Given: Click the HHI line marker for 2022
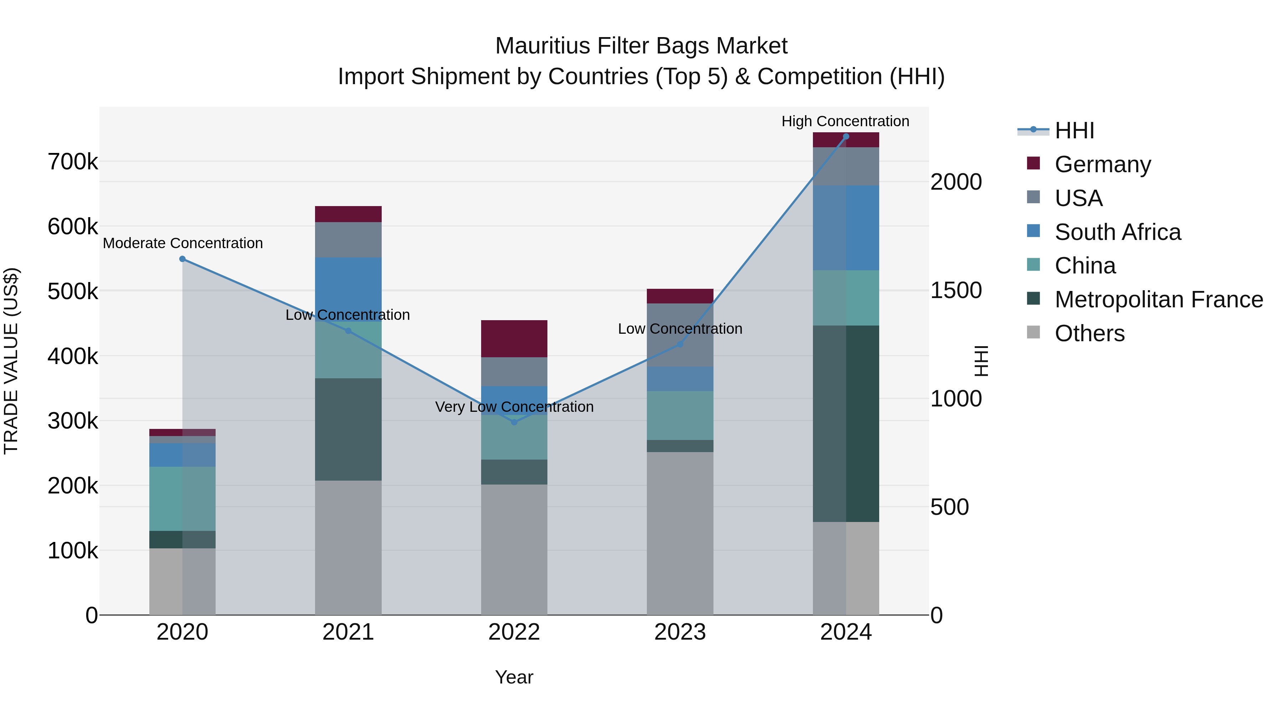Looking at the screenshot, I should coord(514,422).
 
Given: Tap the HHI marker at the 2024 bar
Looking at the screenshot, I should coord(846,137).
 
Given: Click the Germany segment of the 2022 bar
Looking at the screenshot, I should coord(514,339).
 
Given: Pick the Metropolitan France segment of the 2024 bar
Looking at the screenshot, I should coord(846,424).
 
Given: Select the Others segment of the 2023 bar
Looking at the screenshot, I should coord(680,533).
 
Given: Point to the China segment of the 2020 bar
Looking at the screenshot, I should coord(182,498).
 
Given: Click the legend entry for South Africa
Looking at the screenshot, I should coord(1117,232).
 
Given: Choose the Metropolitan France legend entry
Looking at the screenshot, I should coord(1159,299).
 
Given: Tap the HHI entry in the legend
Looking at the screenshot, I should coord(1074,130).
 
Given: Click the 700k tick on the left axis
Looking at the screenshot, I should coord(73,162).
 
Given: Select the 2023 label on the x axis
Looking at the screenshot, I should coord(680,632).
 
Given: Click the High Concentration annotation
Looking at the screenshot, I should coord(845,121).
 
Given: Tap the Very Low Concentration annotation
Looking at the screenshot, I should coord(514,406).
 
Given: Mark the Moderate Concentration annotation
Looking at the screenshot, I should coord(183,243).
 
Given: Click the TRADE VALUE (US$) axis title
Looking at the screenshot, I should coord(11,361).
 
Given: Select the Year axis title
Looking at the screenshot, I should coord(514,677).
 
